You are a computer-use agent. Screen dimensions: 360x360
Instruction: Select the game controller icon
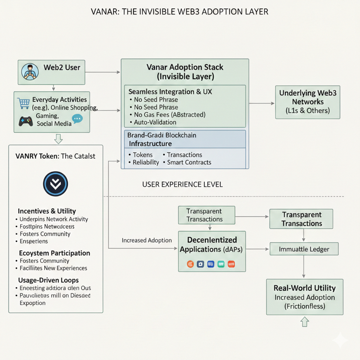pos(26,121)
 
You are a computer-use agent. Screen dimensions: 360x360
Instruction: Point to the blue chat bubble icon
pos(77,118)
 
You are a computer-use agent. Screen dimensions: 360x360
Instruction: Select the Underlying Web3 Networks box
pos(307,102)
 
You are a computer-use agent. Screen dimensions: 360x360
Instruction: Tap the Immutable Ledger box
pos(304,249)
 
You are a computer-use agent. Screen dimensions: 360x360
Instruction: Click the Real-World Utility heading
pos(304,288)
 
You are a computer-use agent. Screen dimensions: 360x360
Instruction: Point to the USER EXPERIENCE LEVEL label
pos(183,184)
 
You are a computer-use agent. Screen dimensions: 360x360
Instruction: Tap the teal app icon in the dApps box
pos(221,263)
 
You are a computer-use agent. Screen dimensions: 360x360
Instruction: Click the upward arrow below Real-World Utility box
pos(304,322)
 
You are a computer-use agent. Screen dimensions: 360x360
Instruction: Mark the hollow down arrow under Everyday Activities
pos(58,139)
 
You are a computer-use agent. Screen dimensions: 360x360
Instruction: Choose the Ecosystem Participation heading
pos(54,253)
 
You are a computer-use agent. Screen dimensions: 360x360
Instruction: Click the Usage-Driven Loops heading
pos(48,280)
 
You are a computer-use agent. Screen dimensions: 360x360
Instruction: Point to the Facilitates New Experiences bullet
pos(53,268)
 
